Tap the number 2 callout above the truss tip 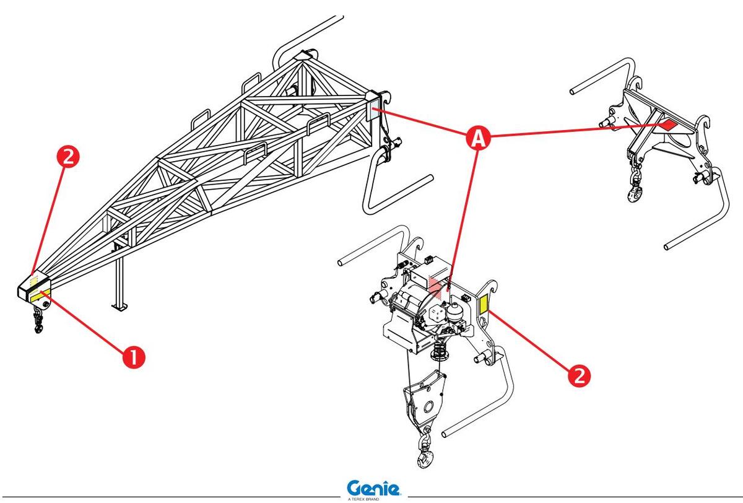tap(69, 159)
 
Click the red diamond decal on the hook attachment tap(667, 125)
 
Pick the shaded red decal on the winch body tap(439, 285)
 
